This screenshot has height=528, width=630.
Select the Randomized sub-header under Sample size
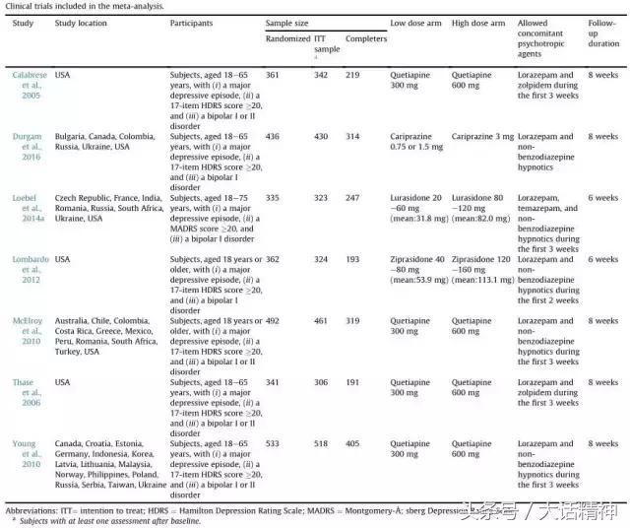(288, 39)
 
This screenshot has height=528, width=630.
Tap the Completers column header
(366, 39)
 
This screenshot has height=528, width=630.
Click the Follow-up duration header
(603, 33)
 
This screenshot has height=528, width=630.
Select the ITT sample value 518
(322, 444)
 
